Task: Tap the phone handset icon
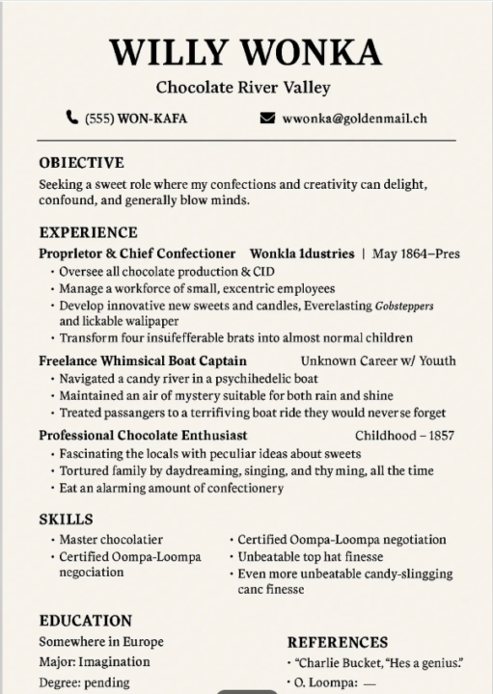pyautogui.click(x=72, y=119)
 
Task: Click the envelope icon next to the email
pyautogui.click(x=267, y=119)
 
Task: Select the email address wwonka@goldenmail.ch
pyautogui.click(x=354, y=119)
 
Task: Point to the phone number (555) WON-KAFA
pyautogui.click(x=136, y=119)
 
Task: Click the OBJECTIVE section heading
pyautogui.click(x=81, y=162)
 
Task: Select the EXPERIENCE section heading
pyautogui.click(x=88, y=232)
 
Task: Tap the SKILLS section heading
pyautogui.click(x=66, y=520)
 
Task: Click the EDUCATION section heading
pyautogui.click(x=85, y=621)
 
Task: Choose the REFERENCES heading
pyautogui.click(x=338, y=641)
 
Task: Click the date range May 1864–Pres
pyautogui.click(x=416, y=254)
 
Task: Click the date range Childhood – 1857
pyautogui.click(x=404, y=435)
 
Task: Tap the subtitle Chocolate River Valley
pyautogui.click(x=243, y=88)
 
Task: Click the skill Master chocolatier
pyautogui.click(x=111, y=540)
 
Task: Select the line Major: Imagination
pyautogui.click(x=95, y=662)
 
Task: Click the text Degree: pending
pyautogui.click(x=84, y=682)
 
